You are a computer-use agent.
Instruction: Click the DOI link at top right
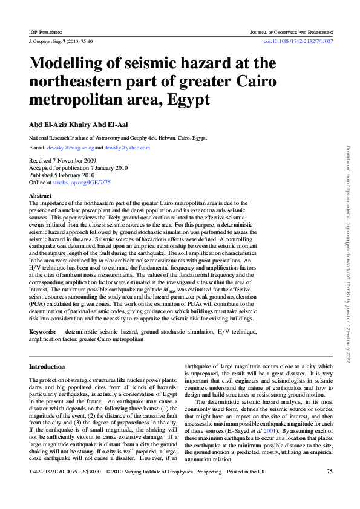click(298, 41)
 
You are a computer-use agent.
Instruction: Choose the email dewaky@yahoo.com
click(127, 148)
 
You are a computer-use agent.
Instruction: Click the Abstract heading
click(41, 196)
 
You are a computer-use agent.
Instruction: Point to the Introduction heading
click(47, 367)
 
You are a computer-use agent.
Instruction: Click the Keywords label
click(43, 332)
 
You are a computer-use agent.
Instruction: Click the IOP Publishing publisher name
click(46, 31)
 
